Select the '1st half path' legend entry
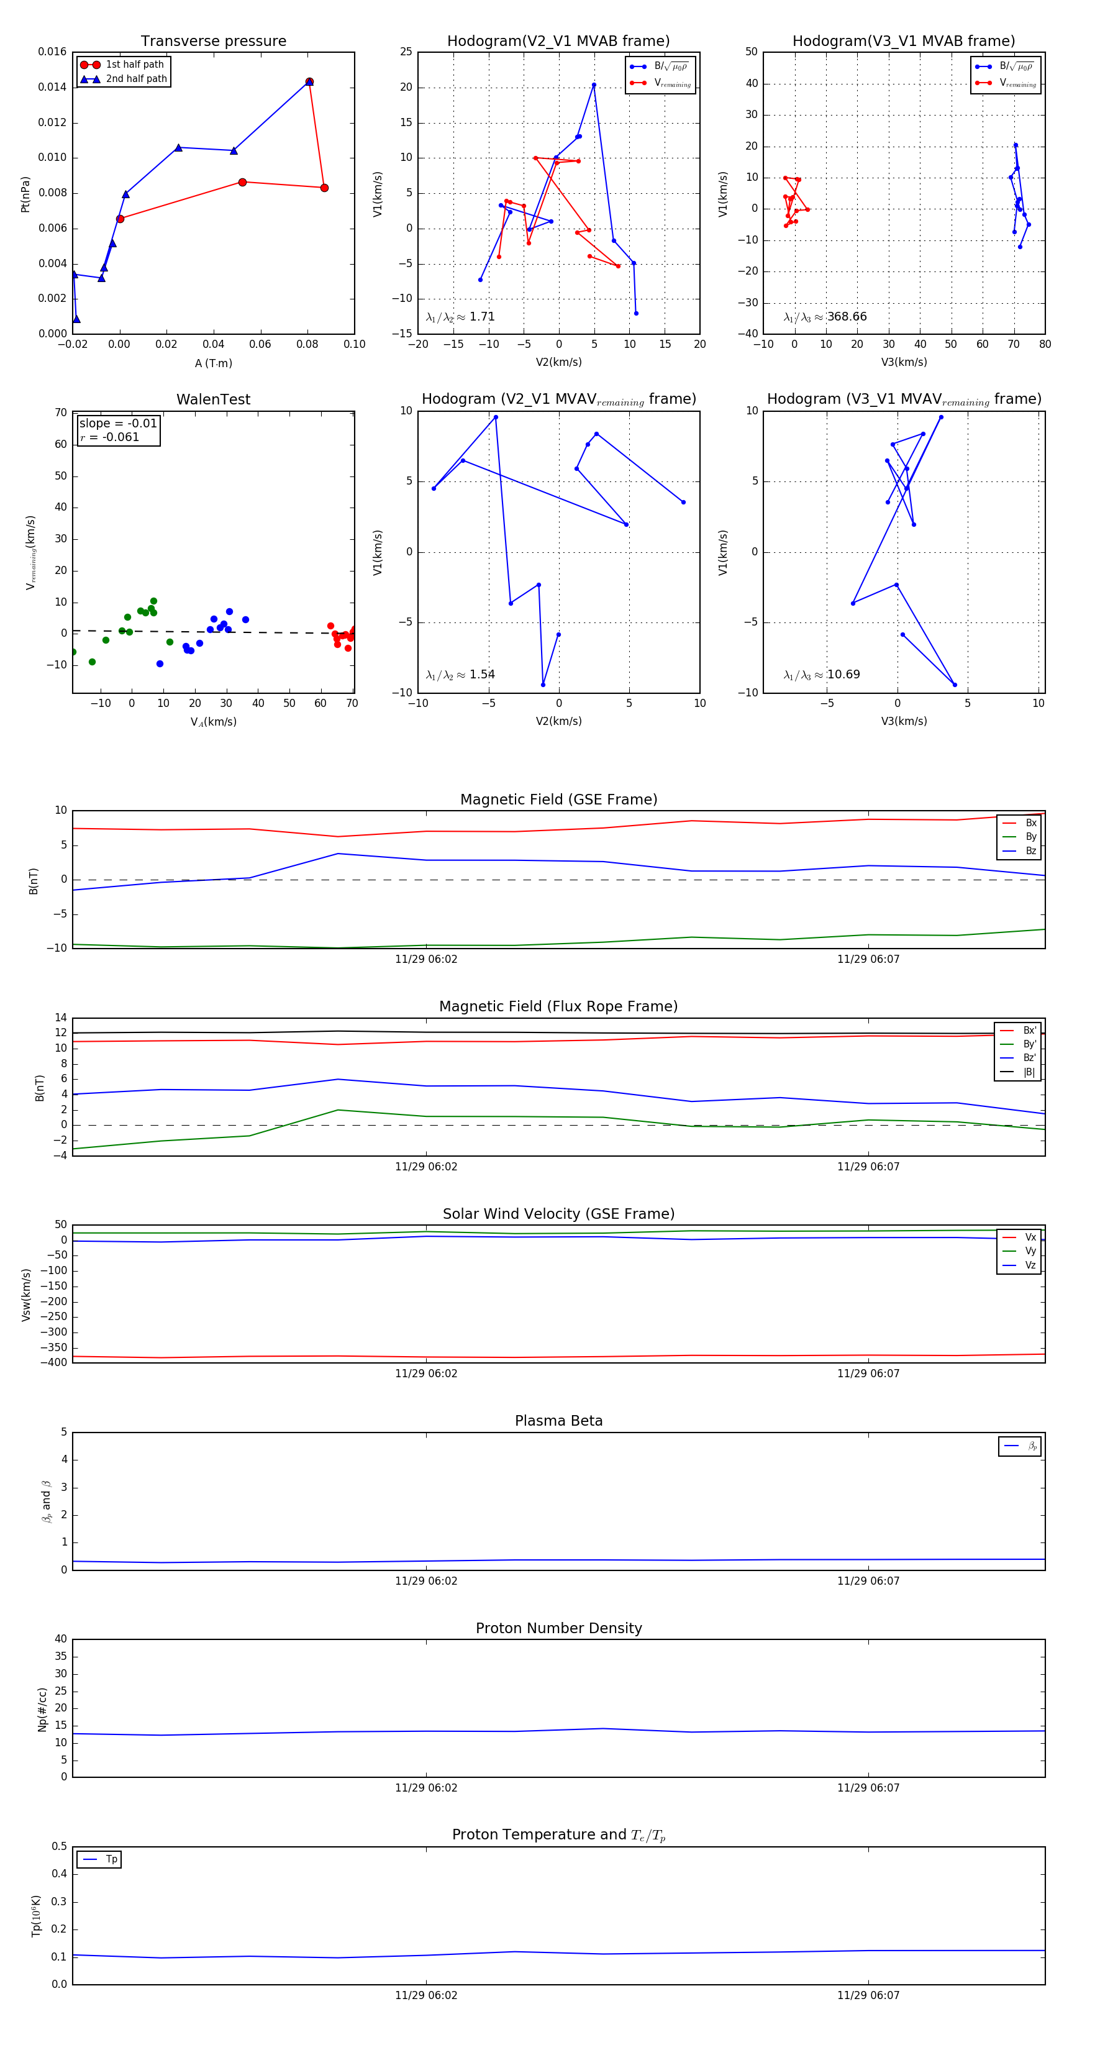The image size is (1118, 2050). click(x=135, y=65)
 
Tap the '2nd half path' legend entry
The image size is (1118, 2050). click(x=136, y=79)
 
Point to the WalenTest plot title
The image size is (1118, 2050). click(x=213, y=399)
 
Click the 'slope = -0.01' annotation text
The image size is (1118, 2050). click(x=118, y=424)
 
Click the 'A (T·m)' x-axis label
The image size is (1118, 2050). click(x=213, y=363)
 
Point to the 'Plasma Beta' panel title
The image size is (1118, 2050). click(x=558, y=1421)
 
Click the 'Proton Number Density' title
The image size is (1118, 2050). click(x=558, y=1628)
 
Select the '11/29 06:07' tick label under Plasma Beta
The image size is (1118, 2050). click(x=868, y=1581)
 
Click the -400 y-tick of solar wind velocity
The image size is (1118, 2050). click(x=57, y=1362)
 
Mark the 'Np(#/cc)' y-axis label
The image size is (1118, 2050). click(x=42, y=1710)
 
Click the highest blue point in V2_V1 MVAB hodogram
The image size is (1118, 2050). click(x=594, y=85)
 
